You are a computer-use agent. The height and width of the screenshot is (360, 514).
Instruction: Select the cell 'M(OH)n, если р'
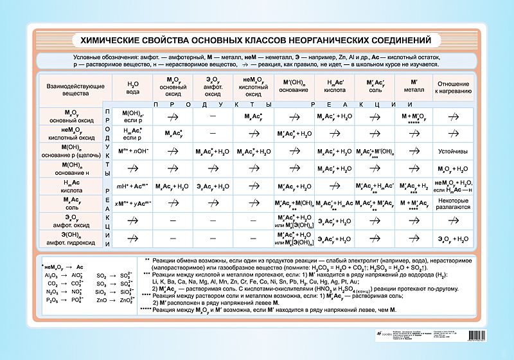click(133, 116)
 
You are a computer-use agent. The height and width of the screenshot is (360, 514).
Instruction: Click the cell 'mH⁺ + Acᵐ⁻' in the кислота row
click(133, 186)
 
